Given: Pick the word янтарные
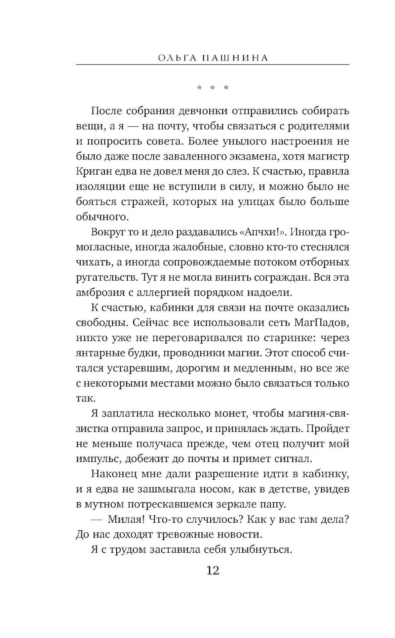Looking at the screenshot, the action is [99, 353].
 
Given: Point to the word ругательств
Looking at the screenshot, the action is [107, 277].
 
